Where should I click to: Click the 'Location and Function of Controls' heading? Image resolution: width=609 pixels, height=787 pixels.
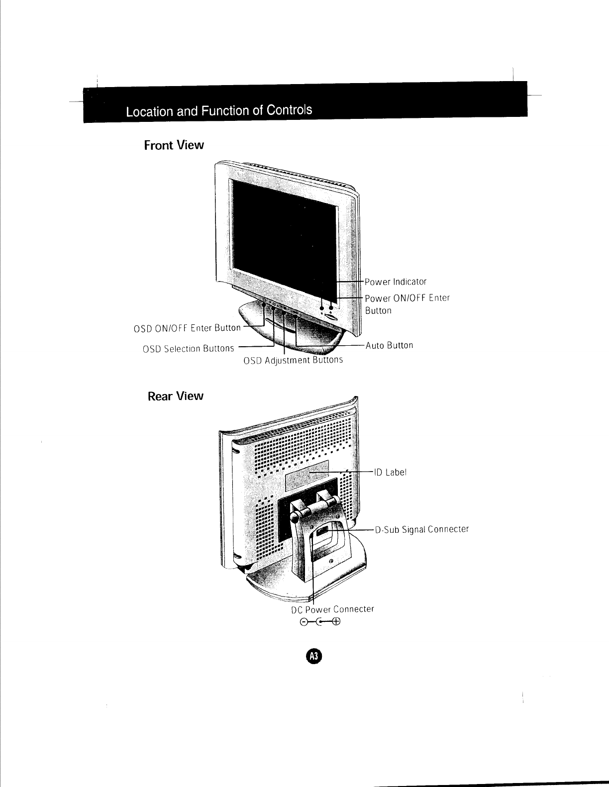click(x=219, y=110)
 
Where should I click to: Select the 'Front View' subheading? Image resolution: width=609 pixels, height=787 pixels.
click(x=174, y=145)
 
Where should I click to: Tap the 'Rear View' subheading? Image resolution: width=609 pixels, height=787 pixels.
click(x=176, y=396)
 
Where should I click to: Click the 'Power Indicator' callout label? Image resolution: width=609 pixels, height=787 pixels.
click(x=396, y=282)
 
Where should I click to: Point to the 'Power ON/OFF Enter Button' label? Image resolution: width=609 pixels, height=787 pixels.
click(x=407, y=304)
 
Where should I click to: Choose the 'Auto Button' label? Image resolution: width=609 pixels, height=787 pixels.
click(x=389, y=345)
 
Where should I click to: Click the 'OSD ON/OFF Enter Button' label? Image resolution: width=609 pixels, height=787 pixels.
click(x=187, y=328)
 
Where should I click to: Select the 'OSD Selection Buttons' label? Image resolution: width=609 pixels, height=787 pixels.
click(x=188, y=348)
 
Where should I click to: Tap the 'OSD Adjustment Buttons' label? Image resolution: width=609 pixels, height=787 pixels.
click(x=293, y=360)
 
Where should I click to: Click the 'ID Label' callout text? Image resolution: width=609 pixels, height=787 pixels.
click(x=391, y=472)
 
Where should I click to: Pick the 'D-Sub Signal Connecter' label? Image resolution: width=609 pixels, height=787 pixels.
click(x=422, y=529)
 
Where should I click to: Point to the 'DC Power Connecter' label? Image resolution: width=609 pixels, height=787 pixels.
click(x=332, y=609)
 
